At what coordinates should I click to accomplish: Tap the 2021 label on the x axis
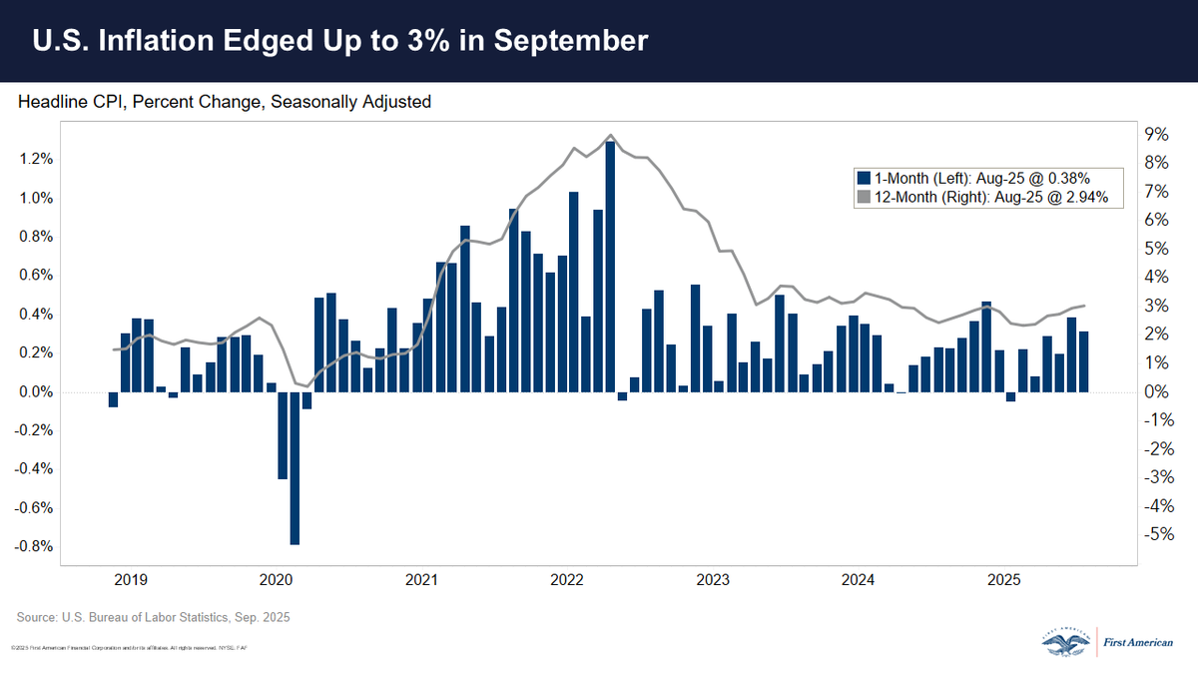tap(420, 579)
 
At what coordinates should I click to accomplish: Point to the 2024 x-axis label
tap(858, 579)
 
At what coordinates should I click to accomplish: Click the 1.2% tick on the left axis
tap(36, 160)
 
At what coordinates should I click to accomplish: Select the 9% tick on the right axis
tap(1155, 134)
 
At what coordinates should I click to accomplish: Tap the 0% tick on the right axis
tap(1155, 391)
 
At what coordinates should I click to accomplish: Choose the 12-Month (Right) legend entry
tap(988, 198)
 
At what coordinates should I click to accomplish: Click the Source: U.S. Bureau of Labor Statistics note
tap(154, 618)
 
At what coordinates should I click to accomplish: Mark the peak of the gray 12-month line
tap(610, 135)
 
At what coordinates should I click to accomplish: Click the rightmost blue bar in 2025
tap(1083, 360)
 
